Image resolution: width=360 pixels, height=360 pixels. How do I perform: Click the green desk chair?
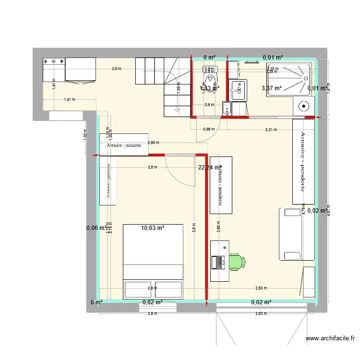[237, 262]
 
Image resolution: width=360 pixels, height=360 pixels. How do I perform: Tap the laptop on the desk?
[220, 262]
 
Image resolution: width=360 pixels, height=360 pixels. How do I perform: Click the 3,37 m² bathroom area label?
[270, 88]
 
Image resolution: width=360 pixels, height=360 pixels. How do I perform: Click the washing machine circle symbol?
[303, 107]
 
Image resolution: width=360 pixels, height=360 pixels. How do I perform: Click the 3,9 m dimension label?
[117, 69]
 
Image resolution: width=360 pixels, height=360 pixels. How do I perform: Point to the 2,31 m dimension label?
[271, 130]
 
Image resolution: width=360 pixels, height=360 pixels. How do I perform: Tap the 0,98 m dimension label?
[208, 129]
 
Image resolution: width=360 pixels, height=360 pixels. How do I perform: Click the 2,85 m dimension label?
[154, 143]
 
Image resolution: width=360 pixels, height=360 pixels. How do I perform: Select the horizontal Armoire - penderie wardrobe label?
[124, 146]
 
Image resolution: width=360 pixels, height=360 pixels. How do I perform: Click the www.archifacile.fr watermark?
[331, 338]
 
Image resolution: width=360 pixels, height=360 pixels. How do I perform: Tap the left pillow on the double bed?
[138, 290]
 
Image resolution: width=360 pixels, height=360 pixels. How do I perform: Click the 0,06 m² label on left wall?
[96, 228]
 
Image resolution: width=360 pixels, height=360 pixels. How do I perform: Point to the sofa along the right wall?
[291, 234]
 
